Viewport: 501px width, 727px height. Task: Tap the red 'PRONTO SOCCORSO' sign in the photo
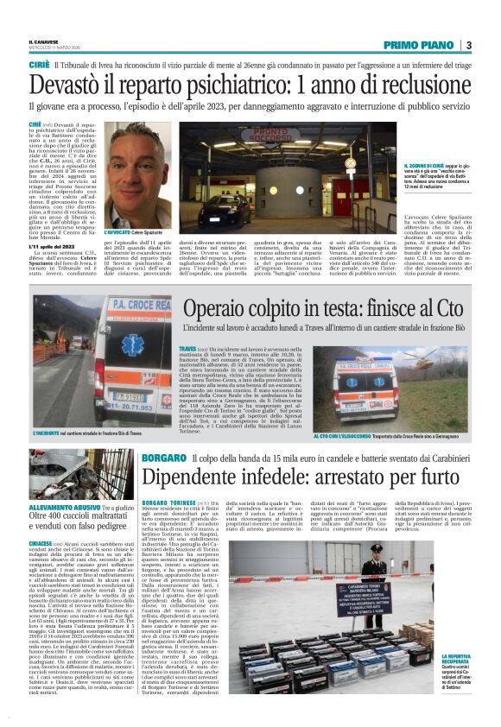click(x=243, y=137)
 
